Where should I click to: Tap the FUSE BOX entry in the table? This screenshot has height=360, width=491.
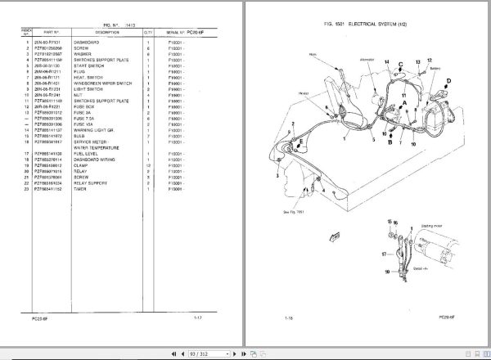[85, 107]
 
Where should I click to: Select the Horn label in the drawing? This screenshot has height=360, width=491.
[313, 55]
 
